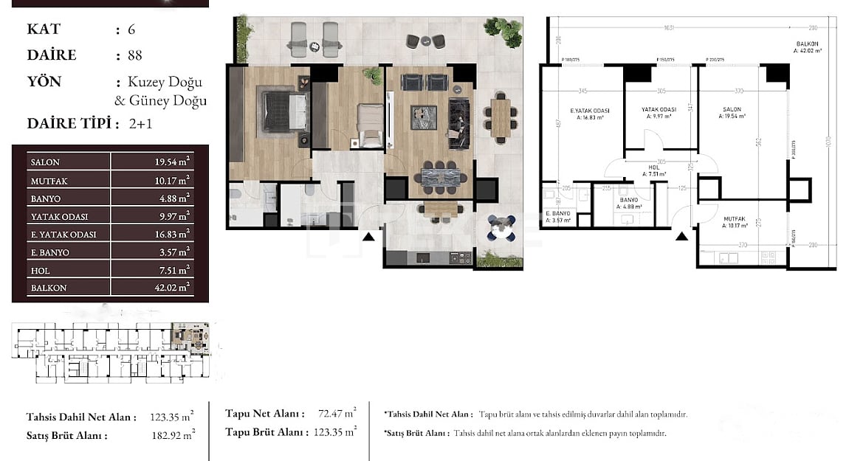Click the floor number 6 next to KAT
tap(131, 30)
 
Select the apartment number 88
tap(134, 55)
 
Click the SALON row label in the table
tap(45, 162)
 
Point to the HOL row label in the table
tap(41, 270)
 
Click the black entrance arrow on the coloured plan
tap(368, 236)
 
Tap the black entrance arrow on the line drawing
tap(682, 235)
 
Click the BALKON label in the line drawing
tap(805, 48)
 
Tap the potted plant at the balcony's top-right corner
tap(503, 30)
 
